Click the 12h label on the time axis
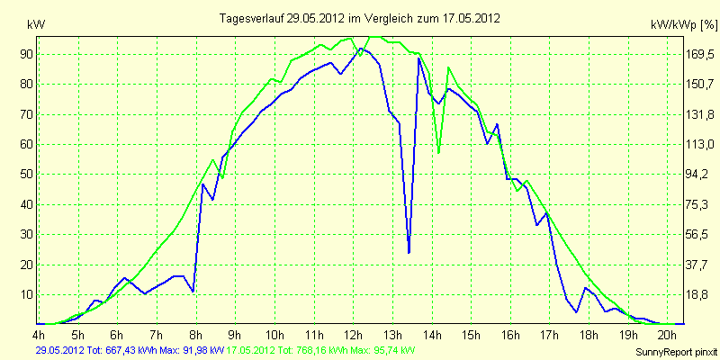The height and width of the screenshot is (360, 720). click(x=353, y=334)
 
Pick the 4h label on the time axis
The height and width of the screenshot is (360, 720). click(x=39, y=334)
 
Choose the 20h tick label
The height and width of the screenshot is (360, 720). click(x=668, y=334)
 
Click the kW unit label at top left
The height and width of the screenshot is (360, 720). click(x=36, y=25)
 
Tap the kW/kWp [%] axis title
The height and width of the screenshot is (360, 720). click(x=683, y=25)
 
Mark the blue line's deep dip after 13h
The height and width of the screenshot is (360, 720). click(x=409, y=252)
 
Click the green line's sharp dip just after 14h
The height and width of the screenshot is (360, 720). click(x=438, y=152)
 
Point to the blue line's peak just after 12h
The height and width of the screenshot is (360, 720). click(x=362, y=49)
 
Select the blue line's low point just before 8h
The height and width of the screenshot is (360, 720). click(x=193, y=291)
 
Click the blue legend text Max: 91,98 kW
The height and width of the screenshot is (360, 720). click(x=193, y=351)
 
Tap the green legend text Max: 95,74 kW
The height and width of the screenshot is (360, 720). click(x=382, y=351)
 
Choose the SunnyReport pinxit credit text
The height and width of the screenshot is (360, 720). click(x=676, y=352)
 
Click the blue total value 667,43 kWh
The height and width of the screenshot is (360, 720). click(x=135, y=351)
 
